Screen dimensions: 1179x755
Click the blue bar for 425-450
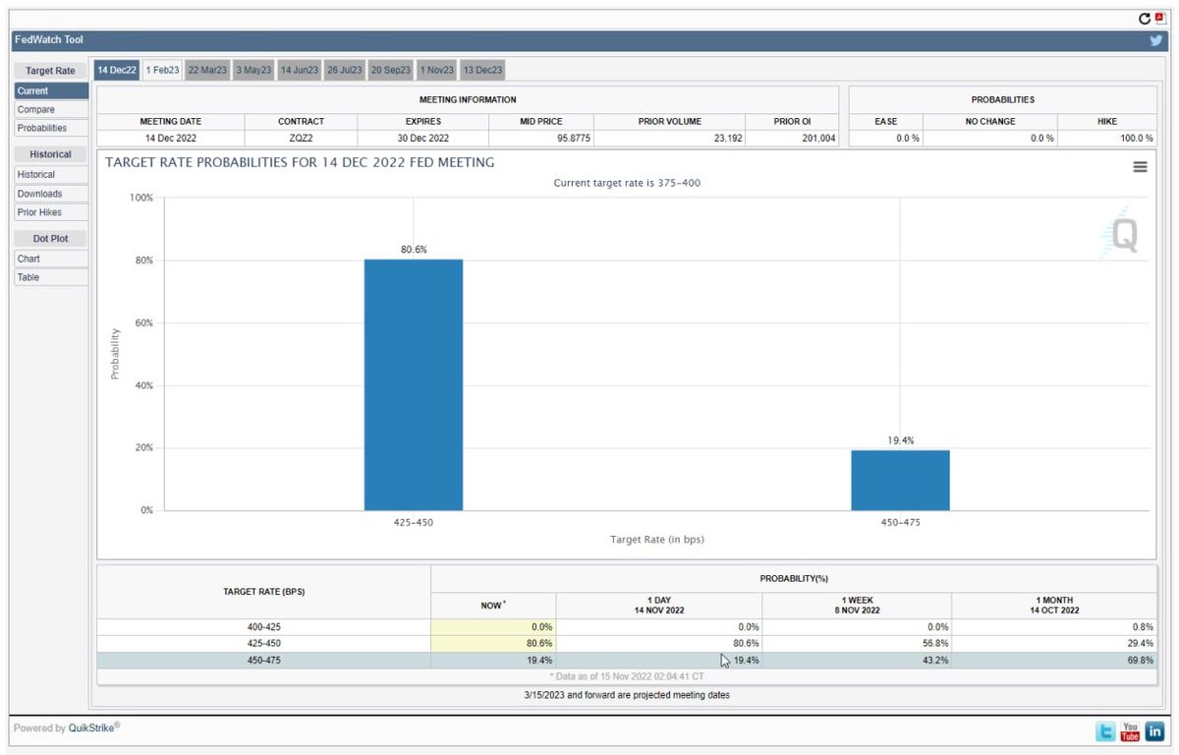coord(414,384)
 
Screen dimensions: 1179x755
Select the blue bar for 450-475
coord(900,480)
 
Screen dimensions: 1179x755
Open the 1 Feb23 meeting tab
coord(162,70)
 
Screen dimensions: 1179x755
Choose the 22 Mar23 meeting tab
coord(207,70)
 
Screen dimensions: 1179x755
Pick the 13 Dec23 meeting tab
coord(482,70)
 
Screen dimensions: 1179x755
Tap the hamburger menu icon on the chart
coord(1140,167)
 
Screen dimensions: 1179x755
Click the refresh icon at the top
coord(1145,19)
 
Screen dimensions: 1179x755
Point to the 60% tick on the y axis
coord(144,322)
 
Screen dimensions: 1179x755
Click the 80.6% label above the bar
coord(414,249)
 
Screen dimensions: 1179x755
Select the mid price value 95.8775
coord(574,138)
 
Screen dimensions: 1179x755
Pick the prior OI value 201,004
coord(818,138)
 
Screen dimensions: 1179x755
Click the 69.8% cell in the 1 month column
coord(1140,660)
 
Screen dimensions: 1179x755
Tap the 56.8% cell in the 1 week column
coord(935,643)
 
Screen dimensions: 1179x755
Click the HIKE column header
coord(1107,121)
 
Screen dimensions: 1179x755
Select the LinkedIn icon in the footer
coord(1154,731)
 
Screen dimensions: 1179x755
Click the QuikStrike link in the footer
coord(91,727)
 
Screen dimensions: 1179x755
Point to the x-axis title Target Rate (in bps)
coord(657,539)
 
